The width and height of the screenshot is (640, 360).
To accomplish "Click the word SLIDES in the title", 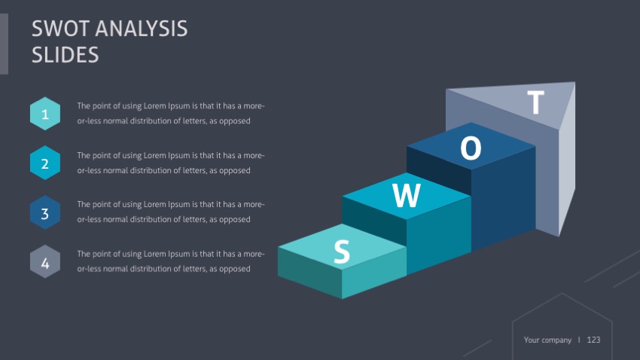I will coord(66,54).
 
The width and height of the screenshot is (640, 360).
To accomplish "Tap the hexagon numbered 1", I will coord(45,114).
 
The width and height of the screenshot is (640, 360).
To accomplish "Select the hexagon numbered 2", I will coord(45,163).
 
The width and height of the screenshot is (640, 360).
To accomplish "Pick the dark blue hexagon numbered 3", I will coord(45,213).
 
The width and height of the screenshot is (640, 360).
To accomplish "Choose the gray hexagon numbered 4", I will coord(45,263).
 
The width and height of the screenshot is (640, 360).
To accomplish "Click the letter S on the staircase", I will coord(342,252).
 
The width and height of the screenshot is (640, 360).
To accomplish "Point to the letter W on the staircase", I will coord(407,197).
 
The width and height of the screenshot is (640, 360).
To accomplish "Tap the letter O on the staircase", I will coord(471,149).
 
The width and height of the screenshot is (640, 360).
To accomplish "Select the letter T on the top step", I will coord(535,102).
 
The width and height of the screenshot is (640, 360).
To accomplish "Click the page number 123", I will coord(593,340).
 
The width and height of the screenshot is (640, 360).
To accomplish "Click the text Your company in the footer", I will coord(547,340).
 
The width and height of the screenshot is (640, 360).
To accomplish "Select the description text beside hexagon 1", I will coord(170,113).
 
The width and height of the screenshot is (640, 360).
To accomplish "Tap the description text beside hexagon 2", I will coord(170,163).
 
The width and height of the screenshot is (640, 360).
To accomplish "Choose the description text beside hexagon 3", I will coord(170,212).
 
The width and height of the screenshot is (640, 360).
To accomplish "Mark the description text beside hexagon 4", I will coord(170,261).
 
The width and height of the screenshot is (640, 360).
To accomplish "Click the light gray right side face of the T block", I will coord(567,166).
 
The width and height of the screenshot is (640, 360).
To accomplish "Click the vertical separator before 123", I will coord(579,340).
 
